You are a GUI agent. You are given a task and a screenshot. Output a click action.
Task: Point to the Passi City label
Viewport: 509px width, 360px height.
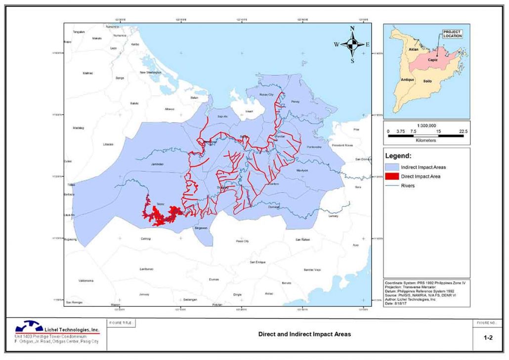[242, 241]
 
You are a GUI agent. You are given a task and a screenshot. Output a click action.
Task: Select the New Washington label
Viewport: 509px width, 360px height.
[151, 73]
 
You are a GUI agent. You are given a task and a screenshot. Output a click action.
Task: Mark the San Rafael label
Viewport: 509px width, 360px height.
[302, 240]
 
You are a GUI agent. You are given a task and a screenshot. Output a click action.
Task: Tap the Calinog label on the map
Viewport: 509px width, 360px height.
[145, 239]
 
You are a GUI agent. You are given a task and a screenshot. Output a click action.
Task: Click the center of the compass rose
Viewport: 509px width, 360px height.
[352, 44]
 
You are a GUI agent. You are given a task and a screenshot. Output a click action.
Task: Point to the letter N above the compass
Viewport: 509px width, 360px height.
[352, 29]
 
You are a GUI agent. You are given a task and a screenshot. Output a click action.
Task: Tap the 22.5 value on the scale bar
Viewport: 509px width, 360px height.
[463, 131]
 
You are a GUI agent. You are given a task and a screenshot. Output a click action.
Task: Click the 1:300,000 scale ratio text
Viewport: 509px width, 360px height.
[426, 125]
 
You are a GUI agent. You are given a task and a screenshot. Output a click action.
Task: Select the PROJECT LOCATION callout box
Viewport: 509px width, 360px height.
[452, 34]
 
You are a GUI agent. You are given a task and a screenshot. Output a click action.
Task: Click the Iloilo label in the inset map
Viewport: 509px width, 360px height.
[428, 80]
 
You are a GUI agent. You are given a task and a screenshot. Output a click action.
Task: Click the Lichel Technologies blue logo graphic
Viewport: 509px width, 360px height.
[30, 327]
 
